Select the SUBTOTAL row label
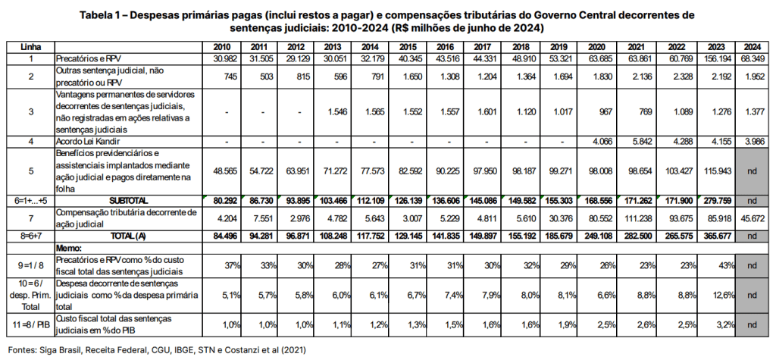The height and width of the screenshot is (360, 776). pos(128,200)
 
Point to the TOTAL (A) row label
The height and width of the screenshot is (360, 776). pos(128,236)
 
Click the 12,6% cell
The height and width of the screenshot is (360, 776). pos(715,296)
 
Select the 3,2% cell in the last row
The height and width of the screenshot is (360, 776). pos(716,326)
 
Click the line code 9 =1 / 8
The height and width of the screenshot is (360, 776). pos(31,265)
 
